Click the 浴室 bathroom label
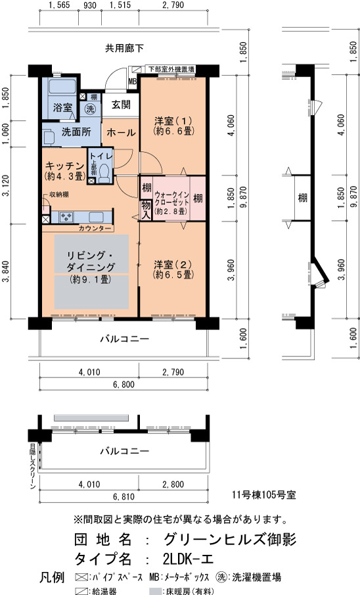pyautogui.click(x=62, y=107)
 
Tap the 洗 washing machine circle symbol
pyautogui.click(x=90, y=109)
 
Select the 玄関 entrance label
pyautogui.click(x=122, y=105)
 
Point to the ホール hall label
pyautogui.click(x=121, y=132)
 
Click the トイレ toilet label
pyautogui.click(x=101, y=156)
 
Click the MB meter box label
pyautogui.click(x=133, y=81)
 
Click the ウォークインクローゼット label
pyautogui.click(x=172, y=199)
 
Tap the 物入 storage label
pyautogui.click(x=146, y=210)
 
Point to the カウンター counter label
pyautogui.click(x=95, y=228)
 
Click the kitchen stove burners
pyautogui.click(x=66, y=218)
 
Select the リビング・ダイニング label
pyautogui.click(x=91, y=261)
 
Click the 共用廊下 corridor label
pyautogui.click(x=124, y=48)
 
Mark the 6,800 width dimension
pyautogui.click(x=124, y=385)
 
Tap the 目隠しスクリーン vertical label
pyautogui.click(x=32, y=467)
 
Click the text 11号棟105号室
pyautogui.click(x=264, y=495)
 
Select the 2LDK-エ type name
pyautogui.click(x=188, y=559)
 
